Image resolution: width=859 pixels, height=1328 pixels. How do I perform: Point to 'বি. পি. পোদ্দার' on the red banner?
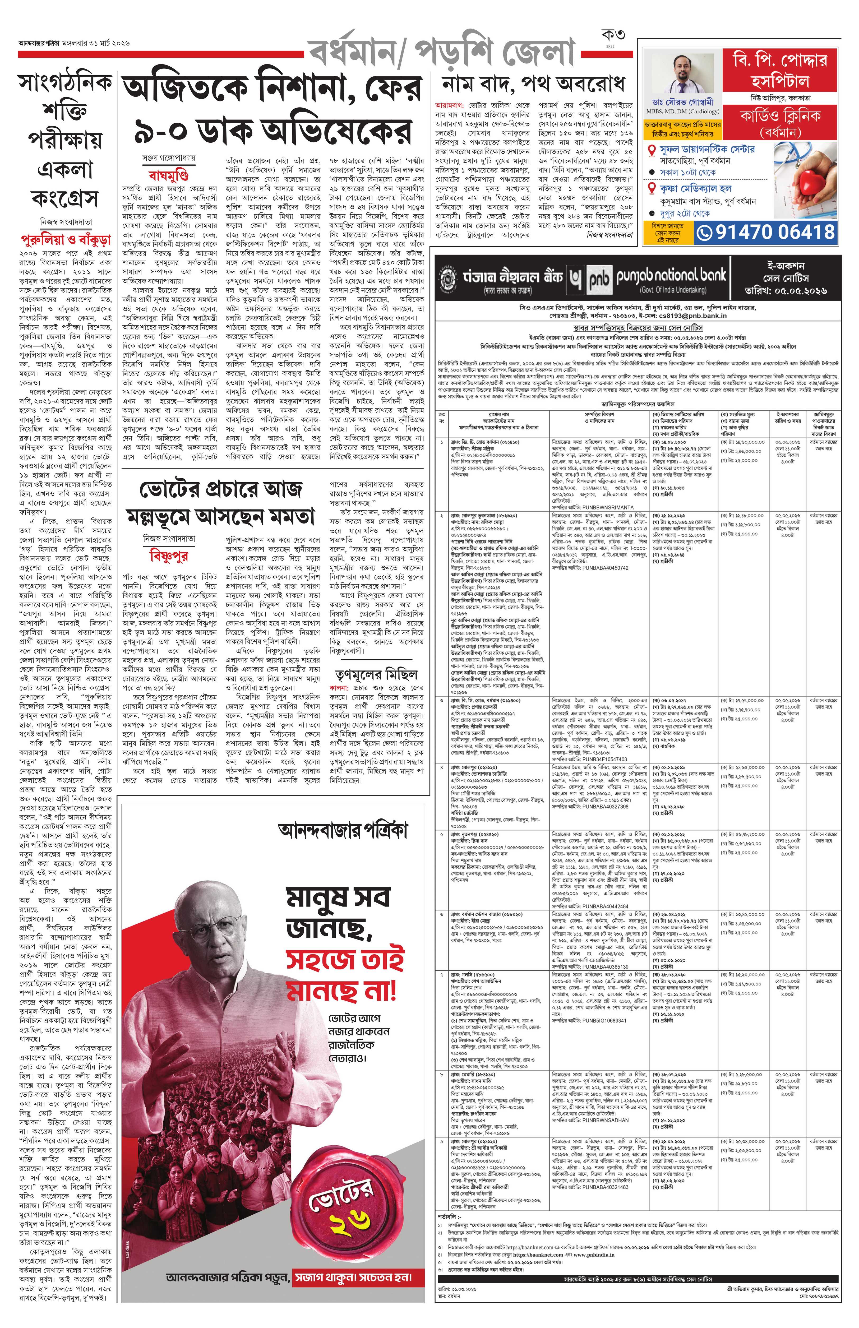780,60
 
